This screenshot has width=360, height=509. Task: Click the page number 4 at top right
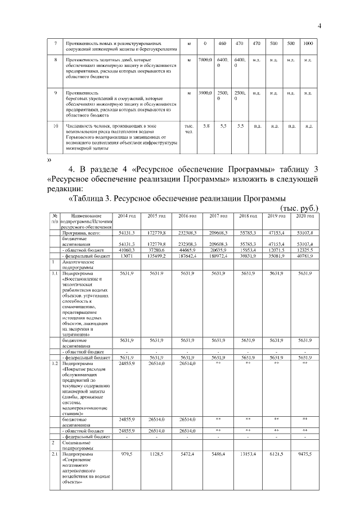[319, 25]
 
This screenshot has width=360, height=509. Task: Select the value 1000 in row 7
[308, 44]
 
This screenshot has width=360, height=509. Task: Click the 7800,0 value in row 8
[206, 59]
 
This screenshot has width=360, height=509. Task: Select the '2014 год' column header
[127, 216]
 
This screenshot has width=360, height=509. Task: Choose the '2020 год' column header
[305, 216]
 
